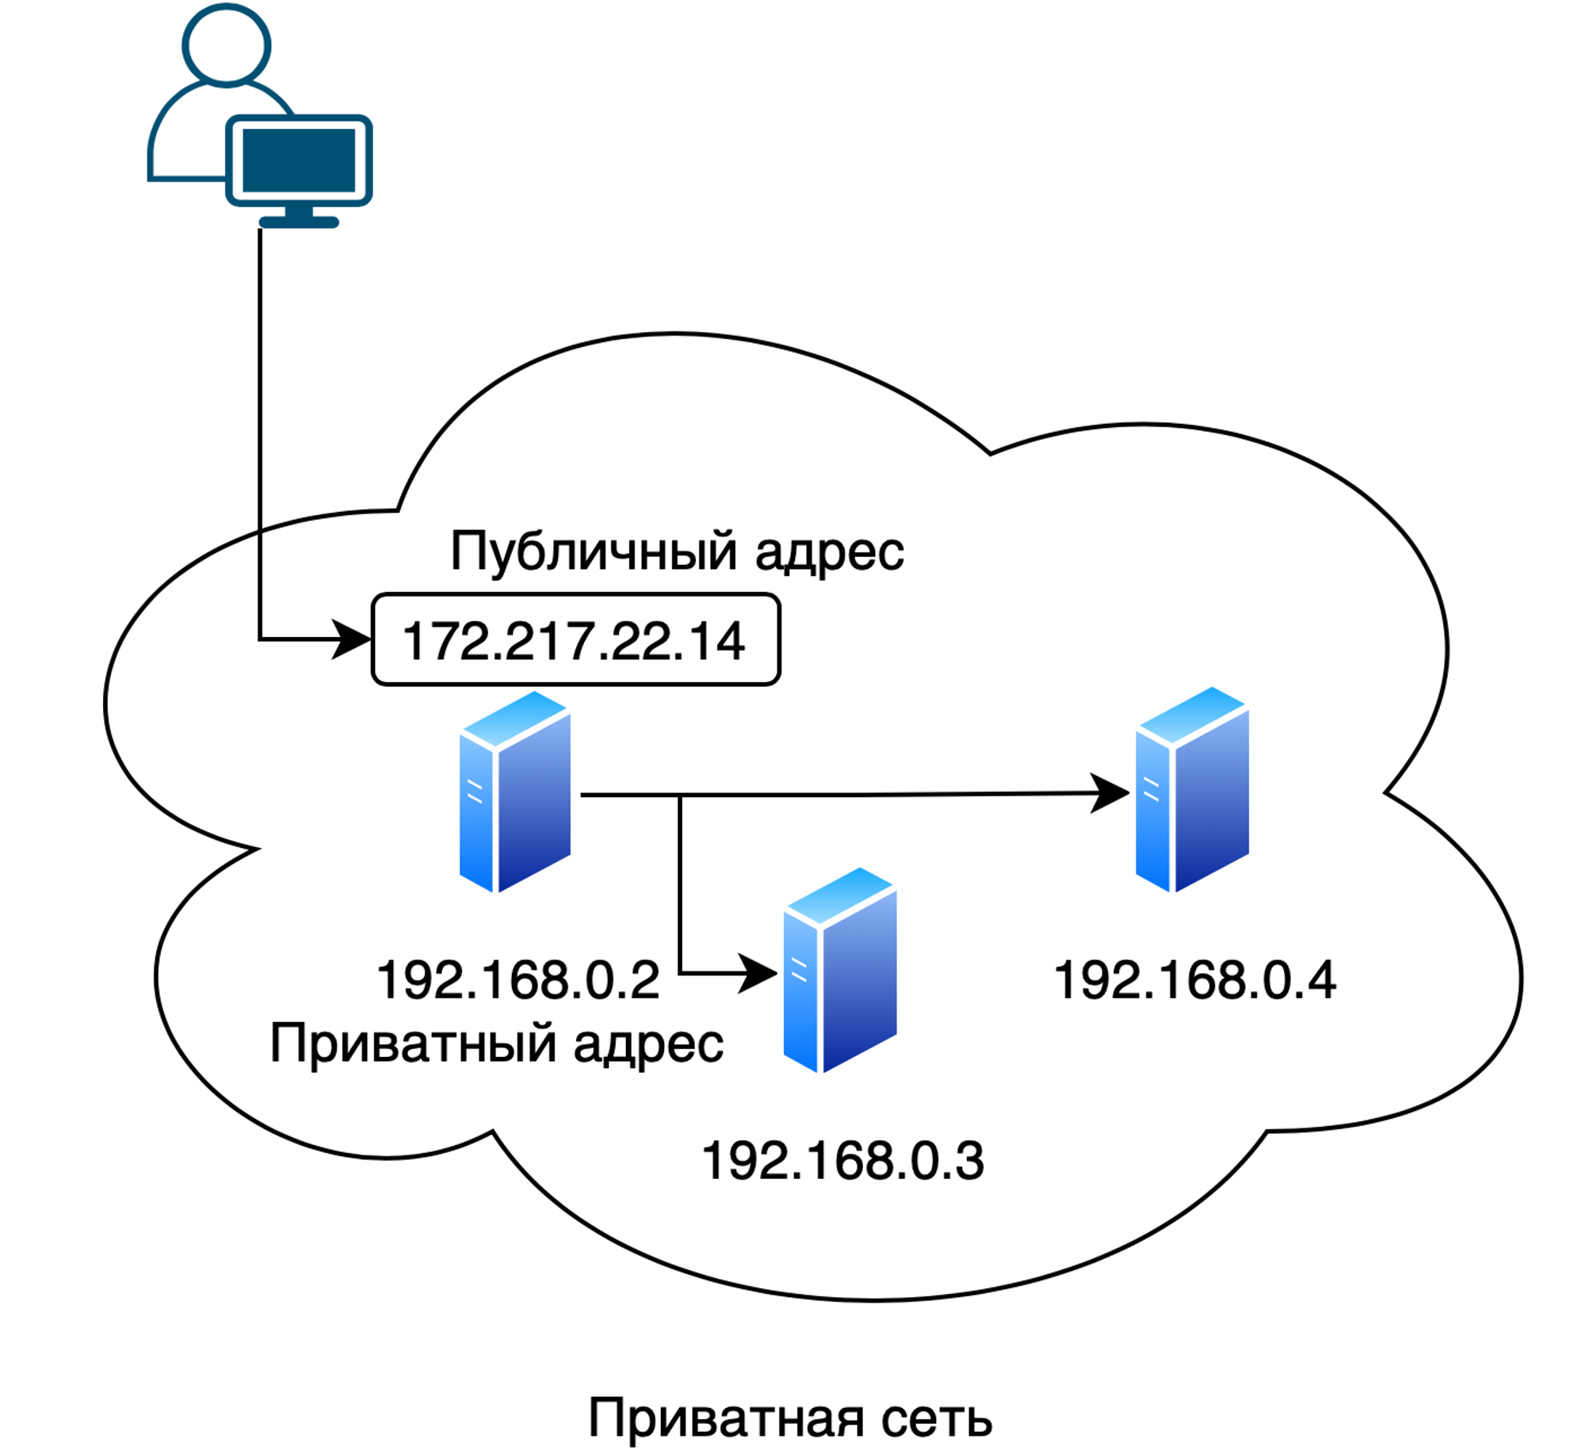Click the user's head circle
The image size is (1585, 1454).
(226, 45)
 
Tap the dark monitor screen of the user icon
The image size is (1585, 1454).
(298, 160)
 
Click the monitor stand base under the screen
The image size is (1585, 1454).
(299, 222)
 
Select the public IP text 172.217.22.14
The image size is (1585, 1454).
(574, 640)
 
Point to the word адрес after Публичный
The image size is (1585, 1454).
(829, 552)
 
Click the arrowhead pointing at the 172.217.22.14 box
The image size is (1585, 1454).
(351, 639)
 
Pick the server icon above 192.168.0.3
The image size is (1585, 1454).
(839, 970)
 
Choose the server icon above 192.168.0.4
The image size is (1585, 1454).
(1192, 789)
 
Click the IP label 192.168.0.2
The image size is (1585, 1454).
(518, 980)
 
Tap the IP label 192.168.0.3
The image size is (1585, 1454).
(842, 1162)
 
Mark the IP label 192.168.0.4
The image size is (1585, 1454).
(1195, 980)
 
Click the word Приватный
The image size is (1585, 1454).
(412, 1044)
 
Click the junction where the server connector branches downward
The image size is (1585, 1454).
(680, 795)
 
